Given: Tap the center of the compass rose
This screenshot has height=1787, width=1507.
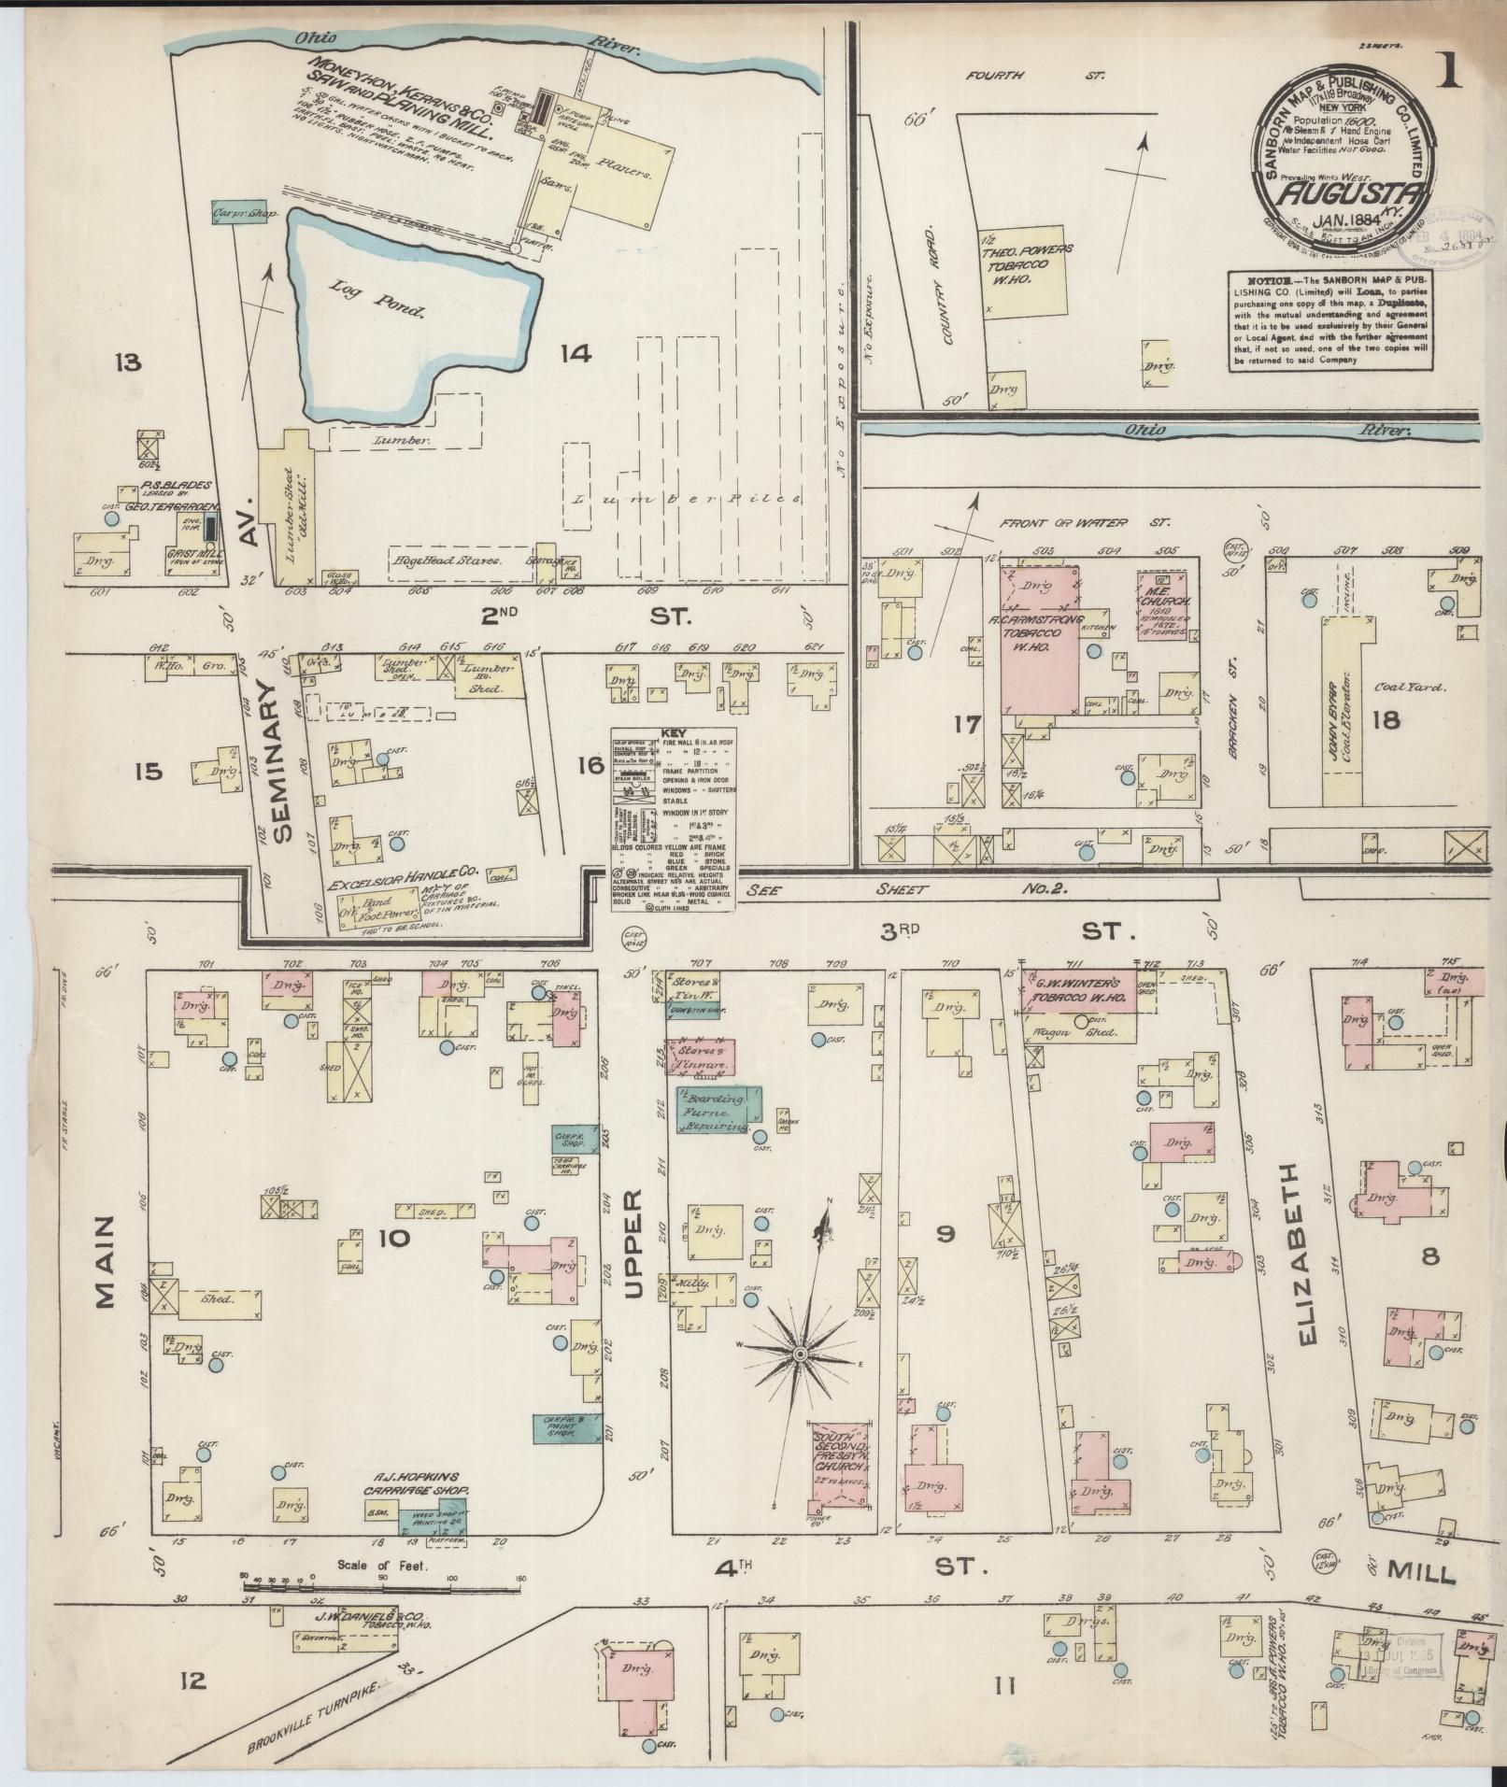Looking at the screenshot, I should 800,1354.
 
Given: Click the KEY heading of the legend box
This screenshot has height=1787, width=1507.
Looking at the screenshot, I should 673,732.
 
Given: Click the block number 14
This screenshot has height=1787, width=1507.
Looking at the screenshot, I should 576,353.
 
